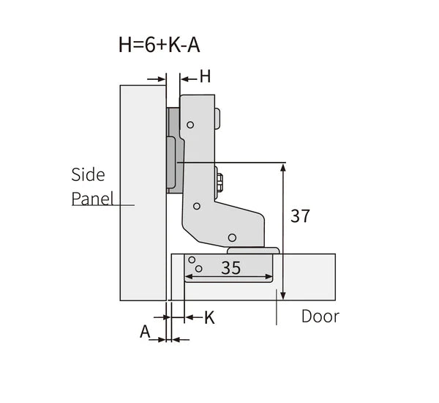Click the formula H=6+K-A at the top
[x=158, y=45]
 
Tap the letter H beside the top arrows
[x=206, y=76]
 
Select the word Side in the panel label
[x=88, y=174]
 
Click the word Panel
[x=91, y=199]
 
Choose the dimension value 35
[x=230, y=268]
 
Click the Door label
[x=320, y=317]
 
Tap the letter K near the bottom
[x=209, y=317]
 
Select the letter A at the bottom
[x=145, y=332]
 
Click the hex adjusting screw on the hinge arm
[x=220, y=180]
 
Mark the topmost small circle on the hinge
[x=190, y=125]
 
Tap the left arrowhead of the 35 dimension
[x=188, y=278]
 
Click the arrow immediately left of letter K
[x=190, y=317]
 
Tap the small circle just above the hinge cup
[x=232, y=237]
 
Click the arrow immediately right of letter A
[x=179, y=339]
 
